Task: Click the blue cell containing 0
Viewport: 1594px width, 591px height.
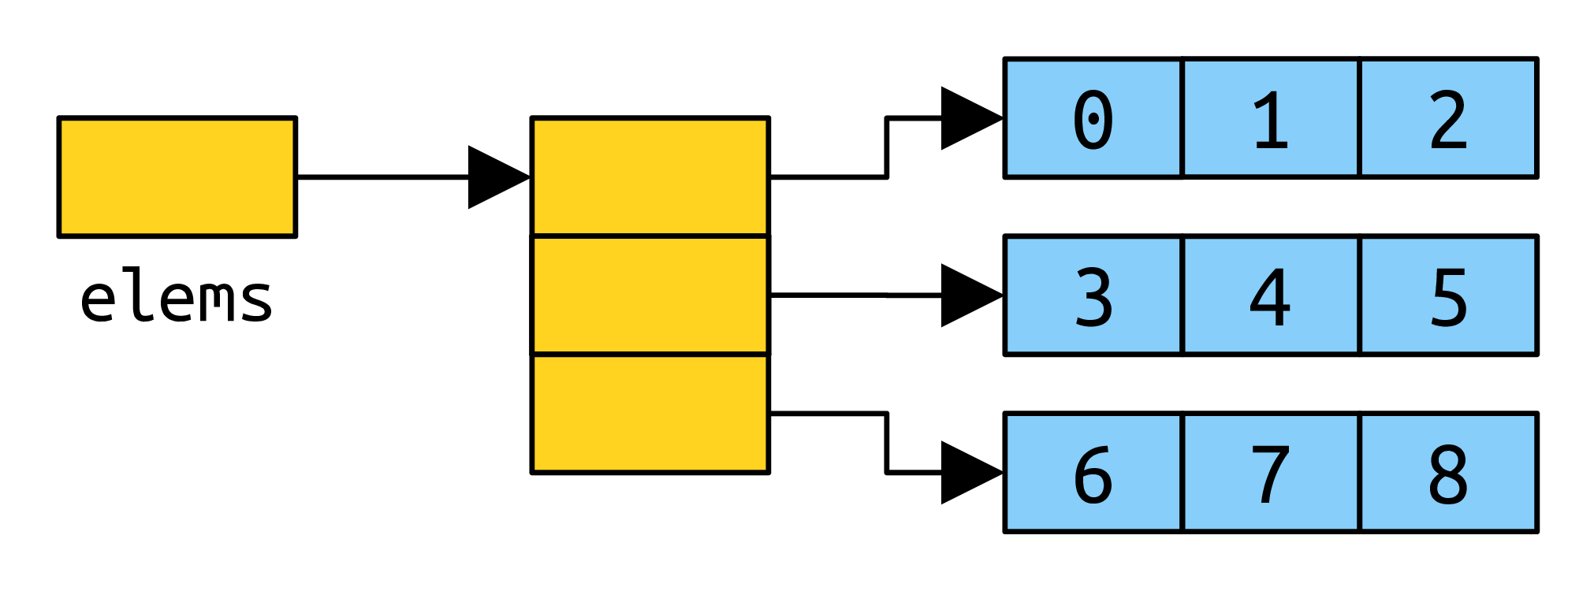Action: [x=1093, y=118]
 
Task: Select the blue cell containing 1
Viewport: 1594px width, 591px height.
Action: [x=1271, y=118]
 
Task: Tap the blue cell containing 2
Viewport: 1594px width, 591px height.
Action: [x=1449, y=118]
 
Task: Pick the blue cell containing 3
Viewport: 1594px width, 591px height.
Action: [x=1093, y=295]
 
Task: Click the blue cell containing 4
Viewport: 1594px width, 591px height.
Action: [x=1271, y=295]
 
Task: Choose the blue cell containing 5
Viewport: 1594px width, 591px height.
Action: [x=1449, y=295]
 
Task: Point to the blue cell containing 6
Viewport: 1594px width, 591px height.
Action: [x=1093, y=473]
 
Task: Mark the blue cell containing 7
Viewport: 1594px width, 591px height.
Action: [x=1271, y=473]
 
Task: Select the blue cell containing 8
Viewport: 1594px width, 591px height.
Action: [x=1449, y=473]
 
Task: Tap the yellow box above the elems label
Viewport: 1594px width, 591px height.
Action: [x=177, y=177]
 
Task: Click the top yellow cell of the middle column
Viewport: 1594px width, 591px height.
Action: [x=650, y=177]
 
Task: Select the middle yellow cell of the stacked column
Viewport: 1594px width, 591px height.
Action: [x=650, y=295]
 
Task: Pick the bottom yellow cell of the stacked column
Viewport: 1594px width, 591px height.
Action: [x=650, y=414]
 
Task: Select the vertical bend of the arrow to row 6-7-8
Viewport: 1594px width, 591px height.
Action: [x=887, y=443]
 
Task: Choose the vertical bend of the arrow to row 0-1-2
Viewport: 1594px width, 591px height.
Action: [x=887, y=147]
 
